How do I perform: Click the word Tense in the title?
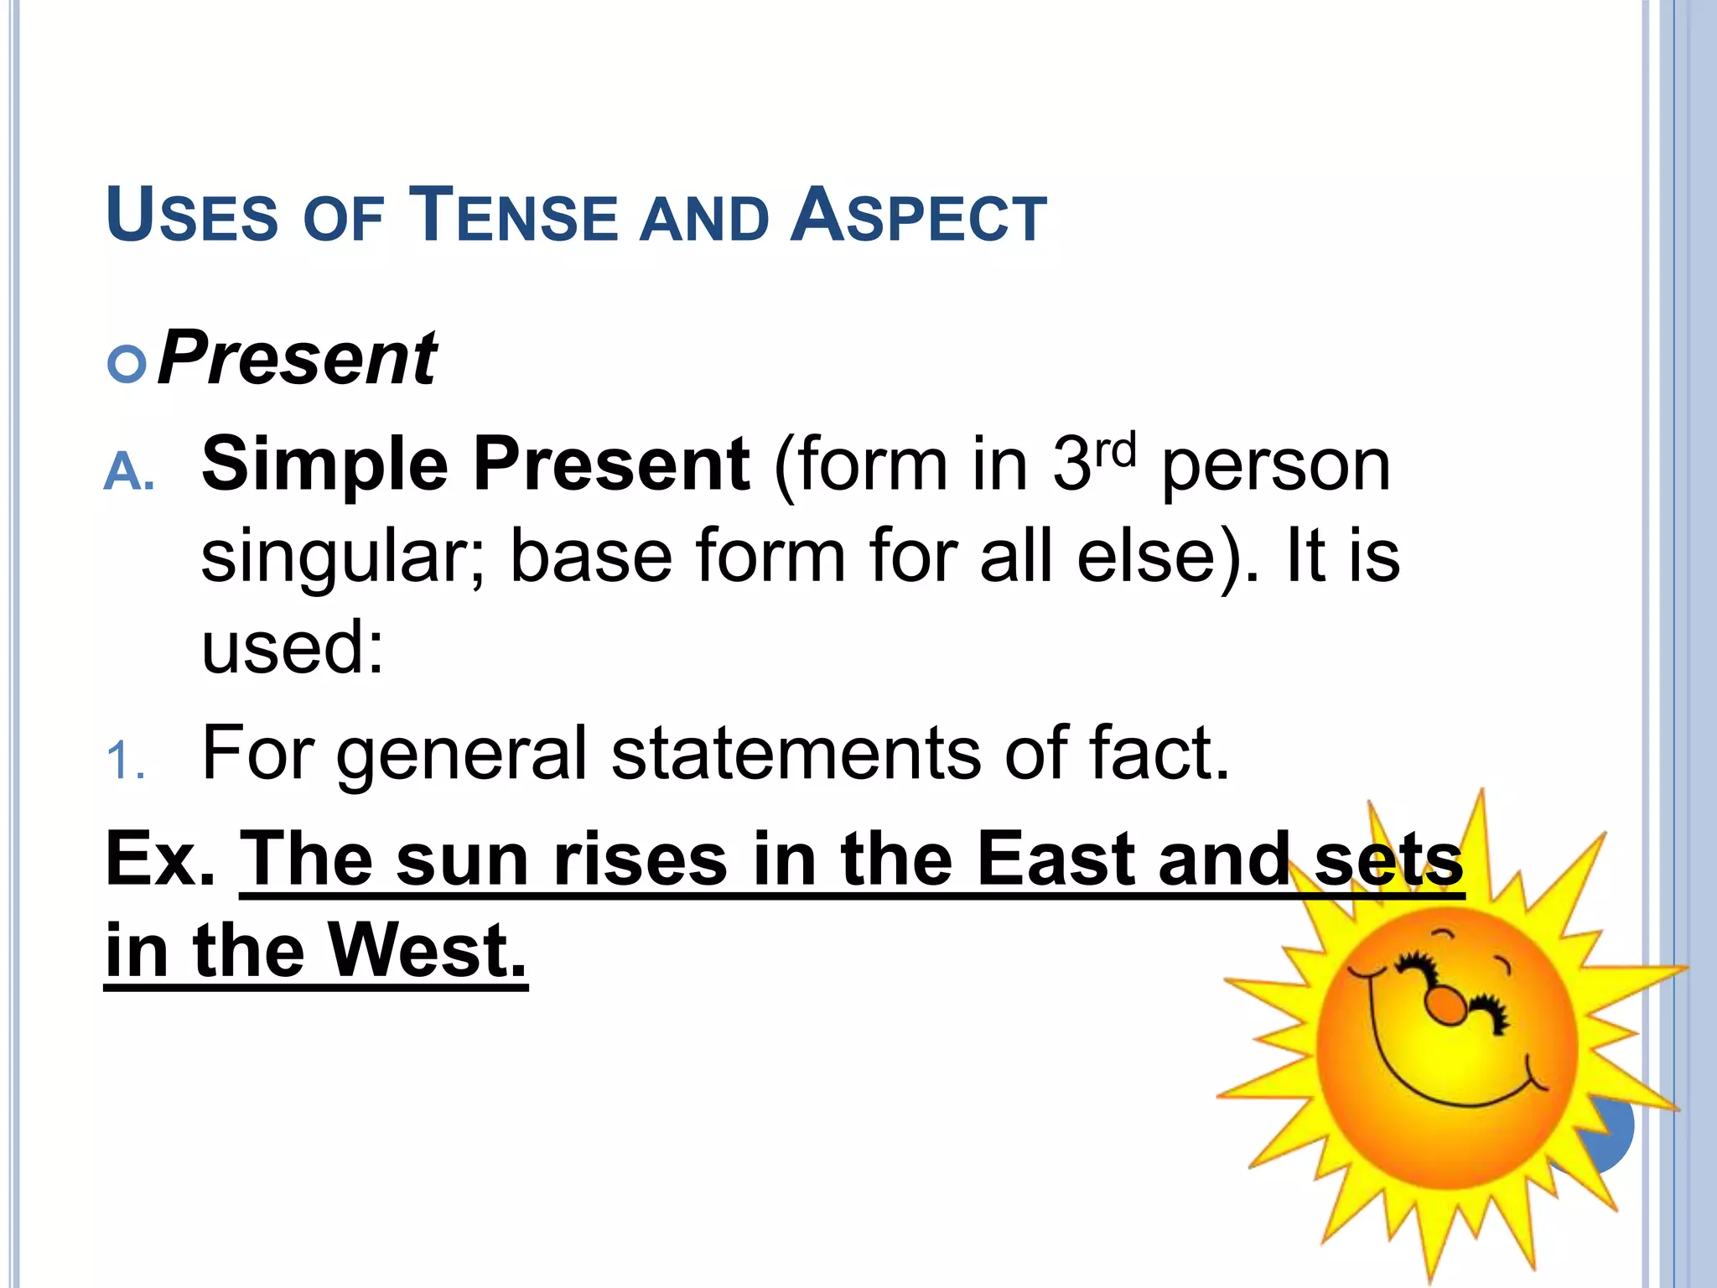point(512,216)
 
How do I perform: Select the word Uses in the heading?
point(192,216)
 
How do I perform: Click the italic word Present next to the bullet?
point(297,359)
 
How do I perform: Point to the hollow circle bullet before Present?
point(127,365)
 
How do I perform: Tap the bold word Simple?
point(325,465)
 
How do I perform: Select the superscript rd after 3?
point(1115,450)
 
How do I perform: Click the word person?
point(1275,468)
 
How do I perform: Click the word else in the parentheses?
point(1144,557)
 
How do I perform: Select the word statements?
point(795,753)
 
